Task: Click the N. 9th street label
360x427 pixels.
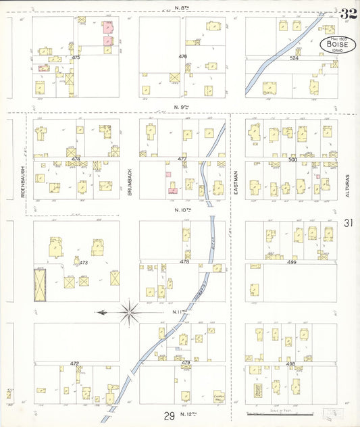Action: (x=180, y=107)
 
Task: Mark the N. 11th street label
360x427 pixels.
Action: (x=179, y=312)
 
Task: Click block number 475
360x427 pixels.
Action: (x=75, y=58)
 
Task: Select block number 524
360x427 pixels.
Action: (x=294, y=58)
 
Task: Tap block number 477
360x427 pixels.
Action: (x=182, y=159)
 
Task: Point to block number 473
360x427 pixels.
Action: (x=84, y=261)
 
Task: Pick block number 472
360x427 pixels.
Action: (x=74, y=363)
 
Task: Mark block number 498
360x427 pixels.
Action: (x=290, y=363)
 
